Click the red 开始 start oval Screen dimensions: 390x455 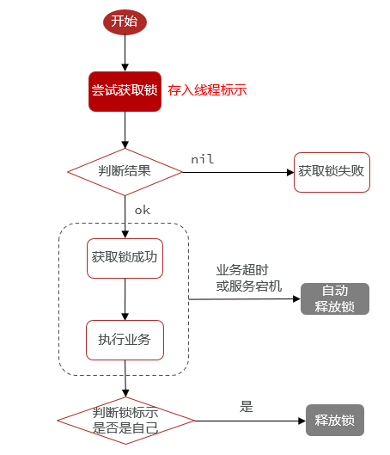125,22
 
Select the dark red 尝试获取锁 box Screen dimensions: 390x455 125,91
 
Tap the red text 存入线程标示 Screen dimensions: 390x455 207,90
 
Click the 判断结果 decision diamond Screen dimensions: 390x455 125,172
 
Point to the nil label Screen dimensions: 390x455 202,159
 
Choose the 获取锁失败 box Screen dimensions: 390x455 332,172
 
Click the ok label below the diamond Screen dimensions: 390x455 143,210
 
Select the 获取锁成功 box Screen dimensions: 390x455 125,258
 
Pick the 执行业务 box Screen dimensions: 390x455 125,340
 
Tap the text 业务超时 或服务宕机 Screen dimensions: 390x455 249,278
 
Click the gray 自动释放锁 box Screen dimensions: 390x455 335,298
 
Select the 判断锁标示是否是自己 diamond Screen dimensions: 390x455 125,421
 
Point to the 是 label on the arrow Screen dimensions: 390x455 247,407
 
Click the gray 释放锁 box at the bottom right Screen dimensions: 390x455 335,420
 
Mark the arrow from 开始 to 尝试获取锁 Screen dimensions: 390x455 125,53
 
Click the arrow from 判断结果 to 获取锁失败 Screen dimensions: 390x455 238,172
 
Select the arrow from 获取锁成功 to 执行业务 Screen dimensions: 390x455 125,299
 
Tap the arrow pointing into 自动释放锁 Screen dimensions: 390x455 245,298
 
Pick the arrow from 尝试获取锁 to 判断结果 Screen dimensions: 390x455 125,130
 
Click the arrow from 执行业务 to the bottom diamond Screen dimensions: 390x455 125,378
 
